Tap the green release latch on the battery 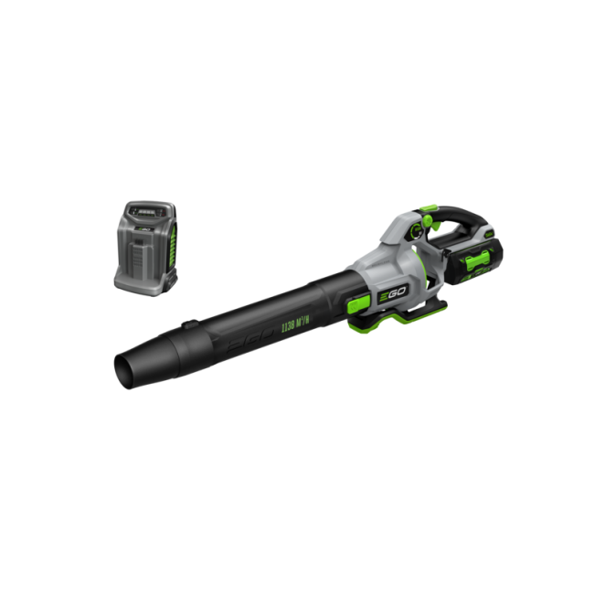[x=475, y=265]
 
